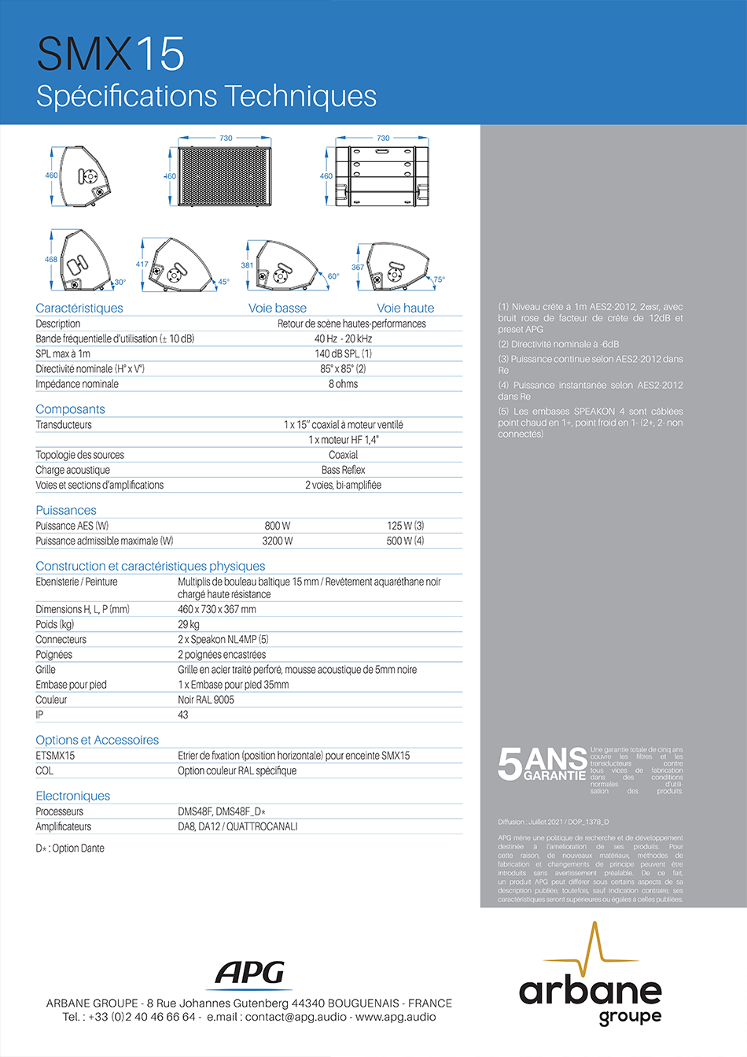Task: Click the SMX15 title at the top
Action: [x=110, y=54]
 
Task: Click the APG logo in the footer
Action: [x=250, y=974]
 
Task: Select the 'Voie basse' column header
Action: [x=277, y=309]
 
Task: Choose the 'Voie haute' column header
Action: [x=405, y=309]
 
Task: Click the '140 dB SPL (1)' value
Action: [x=343, y=354]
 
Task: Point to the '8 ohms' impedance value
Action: [x=343, y=384]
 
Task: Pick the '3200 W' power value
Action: [x=277, y=541]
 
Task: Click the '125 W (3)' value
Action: [x=405, y=526]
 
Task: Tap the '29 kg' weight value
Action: [x=189, y=625]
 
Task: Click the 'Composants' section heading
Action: [x=70, y=409]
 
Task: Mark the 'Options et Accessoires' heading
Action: [x=97, y=741]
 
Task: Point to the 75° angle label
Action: [x=439, y=279]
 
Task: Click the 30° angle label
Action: [x=120, y=282]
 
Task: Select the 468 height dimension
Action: [x=51, y=259]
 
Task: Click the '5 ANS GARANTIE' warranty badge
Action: [x=542, y=763]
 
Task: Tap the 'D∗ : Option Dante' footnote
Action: [x=70, y=848]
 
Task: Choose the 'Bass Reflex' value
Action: [x=343, y=470]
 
